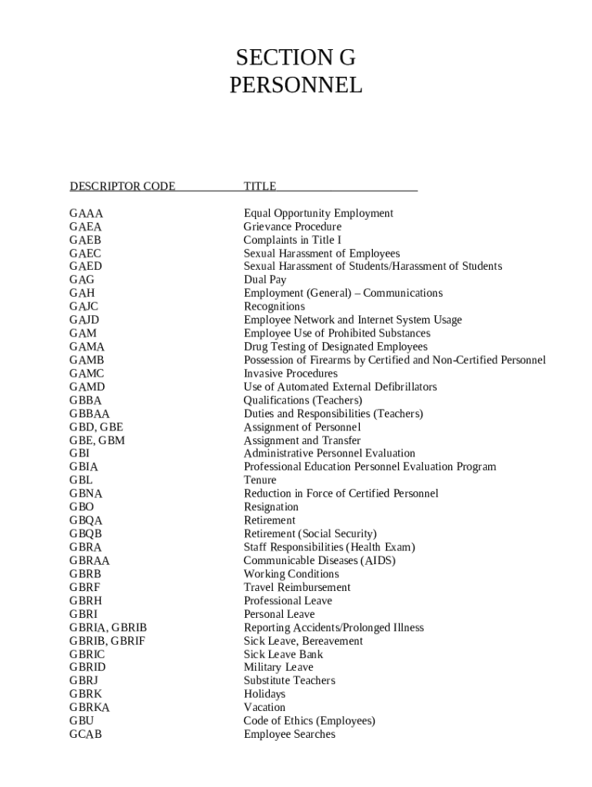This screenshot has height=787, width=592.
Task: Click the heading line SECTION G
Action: coord(296,58)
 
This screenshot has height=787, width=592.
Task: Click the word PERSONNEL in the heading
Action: coord(296,85)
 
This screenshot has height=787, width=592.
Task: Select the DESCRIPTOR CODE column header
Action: coord(122,186)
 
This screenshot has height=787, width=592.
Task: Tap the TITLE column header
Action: coord(260,186)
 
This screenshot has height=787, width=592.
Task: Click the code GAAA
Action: coord(86,213)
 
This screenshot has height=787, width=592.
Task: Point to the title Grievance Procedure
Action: coord(292,227)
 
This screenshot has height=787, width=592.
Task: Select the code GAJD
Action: coord(85,320)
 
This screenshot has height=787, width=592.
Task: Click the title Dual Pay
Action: coord(265,280)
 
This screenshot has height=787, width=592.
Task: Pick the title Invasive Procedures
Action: coord(291,374)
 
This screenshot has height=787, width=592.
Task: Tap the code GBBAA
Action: coord(89,413)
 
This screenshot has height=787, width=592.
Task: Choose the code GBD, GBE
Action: coord(96,427)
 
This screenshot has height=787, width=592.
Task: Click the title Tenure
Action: coord(260,480)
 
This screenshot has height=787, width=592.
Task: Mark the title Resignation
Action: coord(271,507)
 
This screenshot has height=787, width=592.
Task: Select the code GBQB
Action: coord(85,533)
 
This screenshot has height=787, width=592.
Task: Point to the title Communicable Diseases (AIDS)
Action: coord(319,560)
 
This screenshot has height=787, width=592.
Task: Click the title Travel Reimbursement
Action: coord(297,587)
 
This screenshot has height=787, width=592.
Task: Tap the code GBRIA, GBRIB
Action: coord(108,627)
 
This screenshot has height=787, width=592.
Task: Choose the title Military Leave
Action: coord(278,667)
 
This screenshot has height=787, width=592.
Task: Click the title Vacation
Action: coord(264,707)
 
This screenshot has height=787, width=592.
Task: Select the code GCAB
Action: coord(85,734)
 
